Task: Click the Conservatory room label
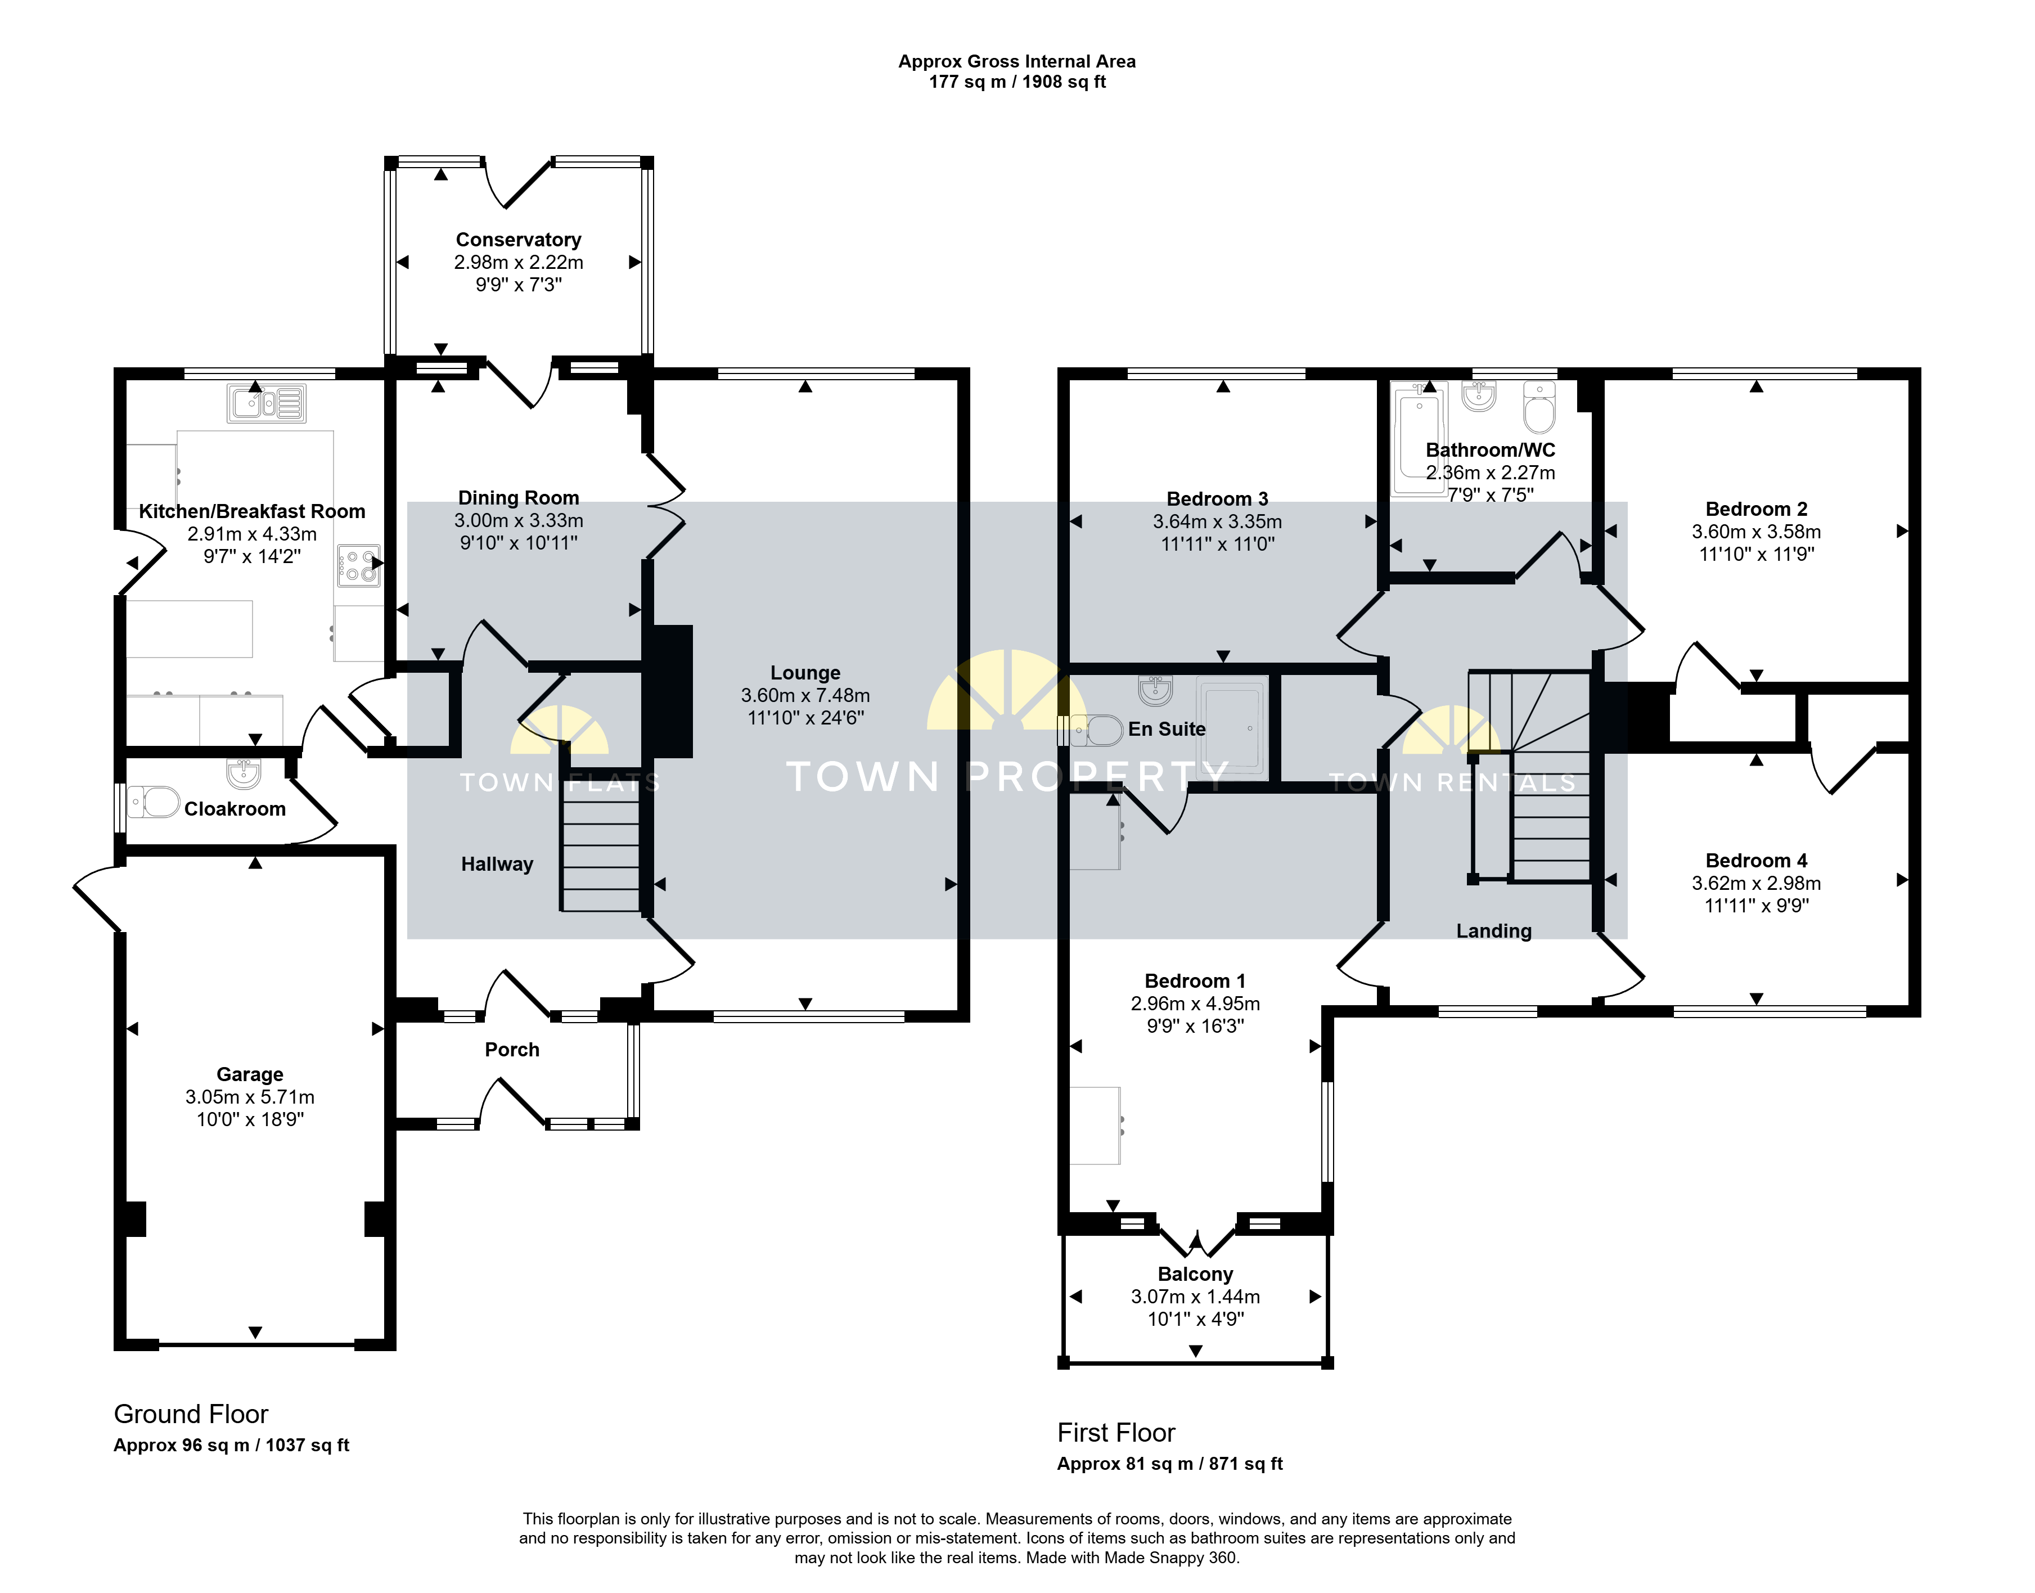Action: tap(519, 240)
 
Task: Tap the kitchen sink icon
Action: tap(266, 403)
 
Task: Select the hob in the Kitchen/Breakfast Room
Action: tap(358, 565)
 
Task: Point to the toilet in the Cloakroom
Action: tap(154, 801)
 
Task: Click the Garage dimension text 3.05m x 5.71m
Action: tap(250, 1097)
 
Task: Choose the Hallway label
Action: tap(497, 865)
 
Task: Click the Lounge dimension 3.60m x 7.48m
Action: tap(806, 695)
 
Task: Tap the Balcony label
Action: tap(1196, 1274)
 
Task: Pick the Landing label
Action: tap(1494, 931)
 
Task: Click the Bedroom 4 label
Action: tap(1756, 861)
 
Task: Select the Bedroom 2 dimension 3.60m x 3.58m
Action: tap(1756, 532)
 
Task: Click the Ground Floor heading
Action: tap(191, 1414)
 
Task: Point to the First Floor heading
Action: tap(1116, 1433)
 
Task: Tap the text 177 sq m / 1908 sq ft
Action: tap(1018, 82)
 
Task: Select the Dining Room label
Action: tap(519, 498)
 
